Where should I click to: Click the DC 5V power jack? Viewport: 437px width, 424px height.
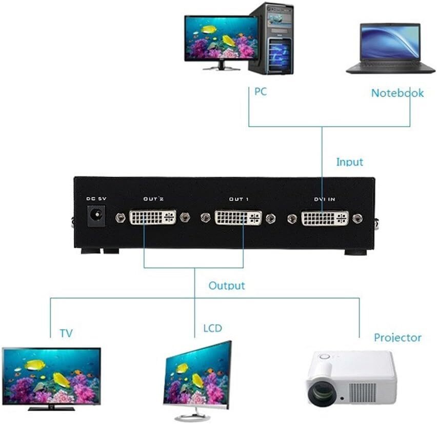[x=97, y=215]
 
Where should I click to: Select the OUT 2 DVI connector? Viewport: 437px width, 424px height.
[x=153, y=217]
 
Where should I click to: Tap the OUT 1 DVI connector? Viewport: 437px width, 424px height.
[x=239, y=217]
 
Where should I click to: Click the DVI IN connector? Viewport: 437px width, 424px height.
[x=325, y=218]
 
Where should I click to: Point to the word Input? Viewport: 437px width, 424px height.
[x=350, y=162]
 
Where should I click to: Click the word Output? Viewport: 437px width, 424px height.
[x=227, y=286]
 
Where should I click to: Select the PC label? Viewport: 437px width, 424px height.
[x=261, y=91]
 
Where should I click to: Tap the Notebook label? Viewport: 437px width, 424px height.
[x=398, y=93]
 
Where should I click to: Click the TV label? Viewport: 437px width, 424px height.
[x=66, y=333]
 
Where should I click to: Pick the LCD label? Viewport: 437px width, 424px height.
[x=213, y=328]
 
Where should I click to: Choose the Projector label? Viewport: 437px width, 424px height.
[x=398, y=337]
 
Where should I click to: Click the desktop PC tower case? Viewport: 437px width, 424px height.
[x=271, y=38]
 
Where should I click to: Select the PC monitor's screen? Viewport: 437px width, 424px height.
[x=221, y=38]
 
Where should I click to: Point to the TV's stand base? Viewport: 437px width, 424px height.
[x=52, y=409]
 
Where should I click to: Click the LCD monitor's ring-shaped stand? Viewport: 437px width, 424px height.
[x=192, y=418]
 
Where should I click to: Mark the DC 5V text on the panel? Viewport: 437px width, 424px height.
[x=96, y=198]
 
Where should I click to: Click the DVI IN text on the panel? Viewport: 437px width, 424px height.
[x=325, y=199]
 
